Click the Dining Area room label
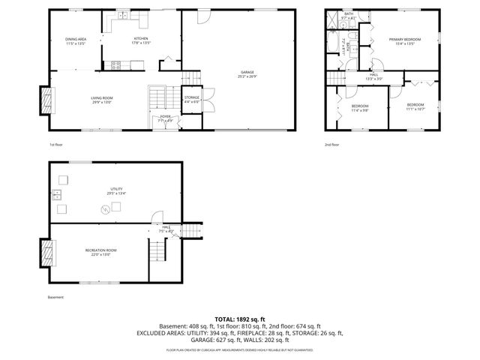point(76,40)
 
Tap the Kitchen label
point(141,40)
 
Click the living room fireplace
point(46,98)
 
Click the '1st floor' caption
point(56,145)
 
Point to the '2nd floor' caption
point(331,145)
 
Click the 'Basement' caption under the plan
point(55,298)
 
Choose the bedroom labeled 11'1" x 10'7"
point(415,106)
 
